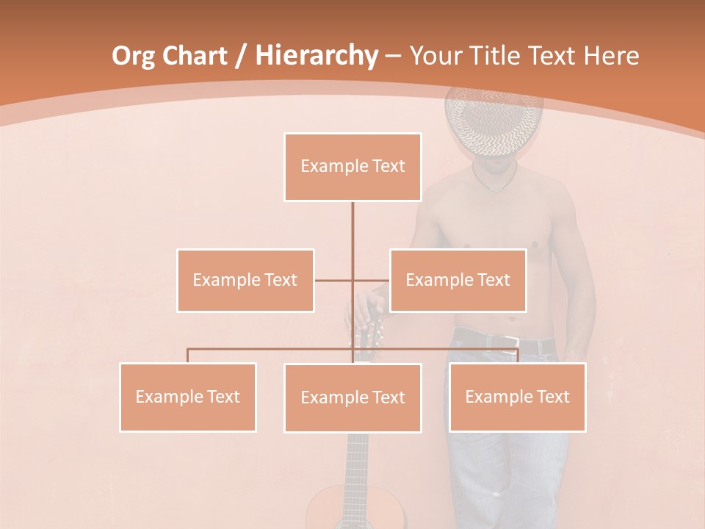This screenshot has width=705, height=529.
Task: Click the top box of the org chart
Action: click(x=352, y=167)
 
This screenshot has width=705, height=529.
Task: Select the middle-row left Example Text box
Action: click(x=245, y=280)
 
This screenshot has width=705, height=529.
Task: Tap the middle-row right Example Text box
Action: click(x=458, y=280)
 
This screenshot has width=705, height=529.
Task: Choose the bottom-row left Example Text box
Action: click(x=188, y=397)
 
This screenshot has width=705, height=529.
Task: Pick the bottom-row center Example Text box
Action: click(x=352, y=397)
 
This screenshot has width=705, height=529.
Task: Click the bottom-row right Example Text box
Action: click(x=517, y=397)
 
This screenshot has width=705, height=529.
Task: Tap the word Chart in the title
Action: click(x=195, y=56)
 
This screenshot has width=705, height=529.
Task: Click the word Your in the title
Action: click(x=435, y=56)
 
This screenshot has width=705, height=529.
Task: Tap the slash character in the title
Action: click(x=239, y=56)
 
